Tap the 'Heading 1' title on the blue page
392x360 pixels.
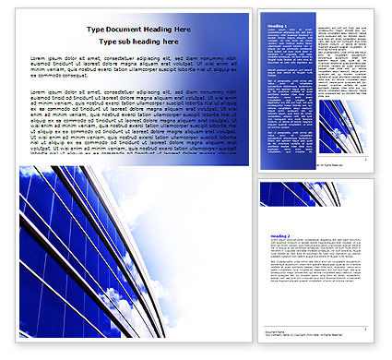coord(275,24)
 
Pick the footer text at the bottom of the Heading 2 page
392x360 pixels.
coord(277,331)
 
